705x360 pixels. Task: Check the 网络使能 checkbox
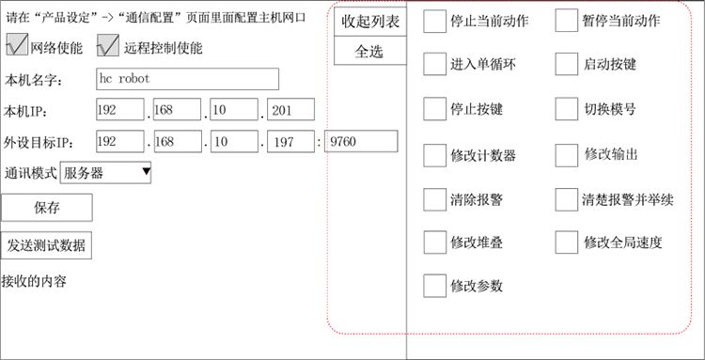tap(17, 45)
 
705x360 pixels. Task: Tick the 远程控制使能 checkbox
tap(108, 45)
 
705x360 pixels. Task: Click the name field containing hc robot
tap(187, 79)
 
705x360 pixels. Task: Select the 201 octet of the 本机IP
tap(294, 111)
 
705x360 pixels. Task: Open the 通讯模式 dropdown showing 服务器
tap(105, 172)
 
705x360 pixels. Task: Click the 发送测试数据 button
tap(47, 245)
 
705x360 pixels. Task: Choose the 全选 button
tap(370, 52)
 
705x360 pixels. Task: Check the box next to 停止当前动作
tap(434, 21)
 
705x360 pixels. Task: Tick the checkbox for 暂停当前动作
tap(567, 21)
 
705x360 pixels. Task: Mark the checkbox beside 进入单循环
tap(434, 64)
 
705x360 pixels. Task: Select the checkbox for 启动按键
tap(567, 64)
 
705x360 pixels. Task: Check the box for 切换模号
tap(567, 109)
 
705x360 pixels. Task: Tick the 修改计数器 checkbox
tap(434, 154)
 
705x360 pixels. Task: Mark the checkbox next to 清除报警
tap(434, 198)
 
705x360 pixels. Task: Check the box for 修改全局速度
tap(567, 242)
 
